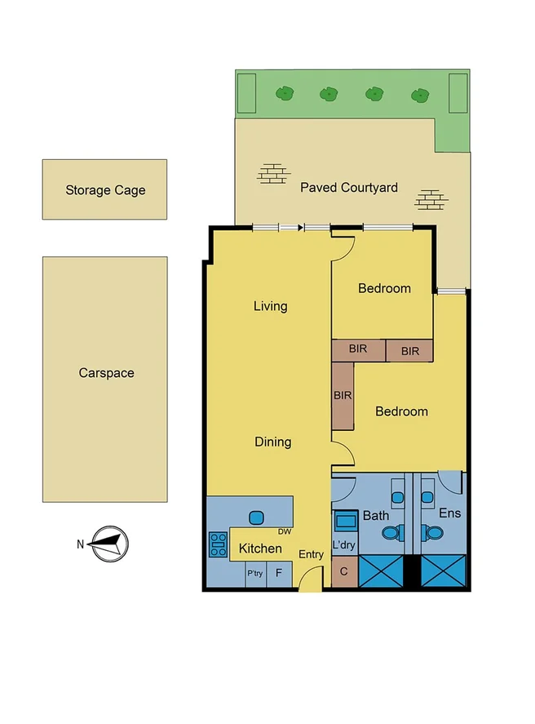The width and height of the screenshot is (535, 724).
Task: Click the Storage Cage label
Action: click(x=105, y=190)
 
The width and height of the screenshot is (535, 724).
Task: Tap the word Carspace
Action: click(x=106, y=373)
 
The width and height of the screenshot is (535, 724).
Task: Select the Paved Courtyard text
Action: click(x=349, y=188)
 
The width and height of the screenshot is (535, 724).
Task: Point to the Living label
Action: click(x=270, y=306)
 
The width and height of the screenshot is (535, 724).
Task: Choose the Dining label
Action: click(x=272, y=442)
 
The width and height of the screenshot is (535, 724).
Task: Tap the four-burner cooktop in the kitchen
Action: click(x=219, y=544)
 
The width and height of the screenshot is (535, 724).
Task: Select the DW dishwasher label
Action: click(x=285, y=531)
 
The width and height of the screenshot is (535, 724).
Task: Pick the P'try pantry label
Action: click(x=254, y=574)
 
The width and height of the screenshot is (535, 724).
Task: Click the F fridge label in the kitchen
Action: click(x=279, y=573)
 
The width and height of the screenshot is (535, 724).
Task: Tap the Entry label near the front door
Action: click(x=311, y=555)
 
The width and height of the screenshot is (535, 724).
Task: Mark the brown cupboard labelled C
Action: click(x=343, y=571)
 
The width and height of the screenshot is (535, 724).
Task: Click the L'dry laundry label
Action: click(x=343, y=544)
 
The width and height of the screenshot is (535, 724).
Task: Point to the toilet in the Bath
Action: click(x=391, y=533)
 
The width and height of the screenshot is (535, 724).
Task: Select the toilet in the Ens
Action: click(x=435, y=533)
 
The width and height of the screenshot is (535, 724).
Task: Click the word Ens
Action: click(x=450, y=514)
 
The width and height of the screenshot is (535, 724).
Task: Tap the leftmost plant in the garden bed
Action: click(x=284, y=94)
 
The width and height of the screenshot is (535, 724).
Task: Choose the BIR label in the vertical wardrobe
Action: click(x=342, y=394)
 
